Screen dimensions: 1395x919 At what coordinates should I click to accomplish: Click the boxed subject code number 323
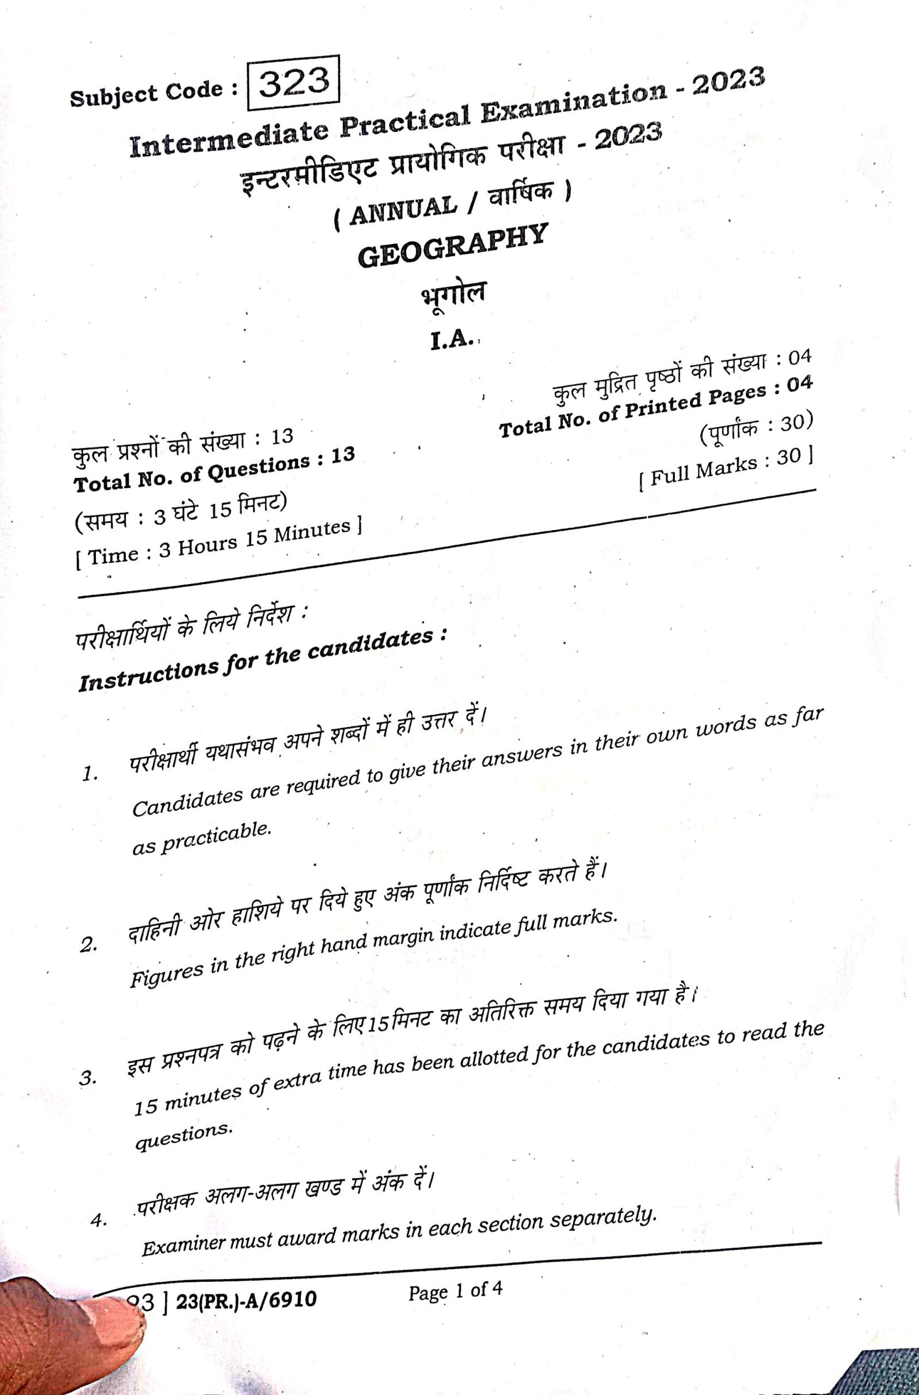(294, 83)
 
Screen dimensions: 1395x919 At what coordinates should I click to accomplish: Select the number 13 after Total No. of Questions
(343, 455)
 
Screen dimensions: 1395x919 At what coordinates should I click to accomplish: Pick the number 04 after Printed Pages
(800, 384)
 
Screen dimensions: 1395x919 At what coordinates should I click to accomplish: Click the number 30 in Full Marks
(789, 458)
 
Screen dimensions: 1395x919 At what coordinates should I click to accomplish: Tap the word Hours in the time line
(208, 546)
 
